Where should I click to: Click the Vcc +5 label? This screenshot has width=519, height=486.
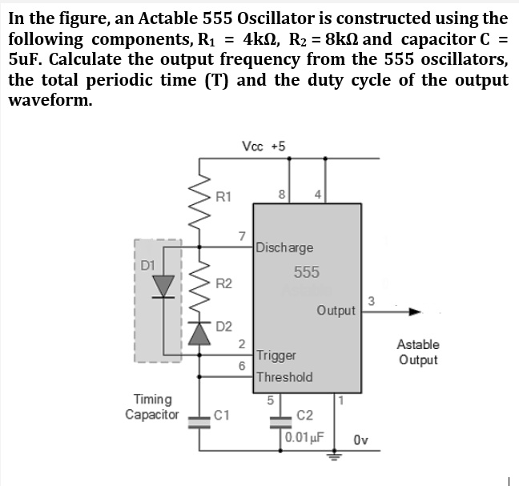pyautogui.click(x=263, y=146)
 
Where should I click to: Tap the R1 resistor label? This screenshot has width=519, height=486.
pyautogui.click(x=225, y=194)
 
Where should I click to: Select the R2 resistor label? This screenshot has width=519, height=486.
pyautogui.click(x=225, y=283)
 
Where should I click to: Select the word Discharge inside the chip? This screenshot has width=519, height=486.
pyautogui.click(x=286, y=247)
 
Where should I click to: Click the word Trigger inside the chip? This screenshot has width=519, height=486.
pyautogui.click(x=276, y=355)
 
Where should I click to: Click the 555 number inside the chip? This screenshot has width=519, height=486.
pyautogui.click(x=306, y=271)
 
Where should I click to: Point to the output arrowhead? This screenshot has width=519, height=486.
pyautogui.click(x=414, y=311)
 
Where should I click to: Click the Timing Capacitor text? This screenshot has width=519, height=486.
pyautogui.click(x=152, y=407)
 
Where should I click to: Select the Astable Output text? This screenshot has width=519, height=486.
pyautogui.click(x=418, y=352)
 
